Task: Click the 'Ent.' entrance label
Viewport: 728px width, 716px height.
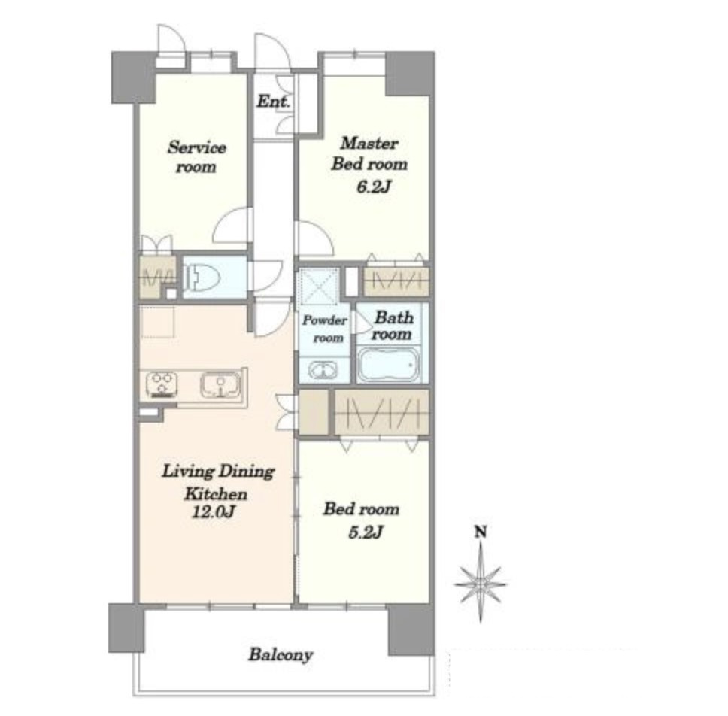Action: click(273, 102)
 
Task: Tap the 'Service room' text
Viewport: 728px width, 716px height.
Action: click(197, 157)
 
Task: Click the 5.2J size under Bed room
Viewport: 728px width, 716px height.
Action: click(366, 532)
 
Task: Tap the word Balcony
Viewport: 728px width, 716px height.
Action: click(281, 655)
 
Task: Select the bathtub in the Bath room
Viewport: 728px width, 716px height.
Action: click(389, 366)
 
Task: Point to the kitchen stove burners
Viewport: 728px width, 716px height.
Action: click(162, 384)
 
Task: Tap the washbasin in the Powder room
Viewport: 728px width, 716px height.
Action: click(323, 371)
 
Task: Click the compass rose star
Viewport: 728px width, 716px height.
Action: click(481, 583)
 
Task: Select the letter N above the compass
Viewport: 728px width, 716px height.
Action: click(480, 532)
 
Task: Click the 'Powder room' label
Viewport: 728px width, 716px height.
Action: click(326, 329)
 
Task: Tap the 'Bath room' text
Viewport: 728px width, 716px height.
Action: click(393, 326)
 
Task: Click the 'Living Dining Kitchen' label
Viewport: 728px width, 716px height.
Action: click(218, 482)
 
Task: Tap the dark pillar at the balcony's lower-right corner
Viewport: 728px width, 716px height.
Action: click(411, 630)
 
